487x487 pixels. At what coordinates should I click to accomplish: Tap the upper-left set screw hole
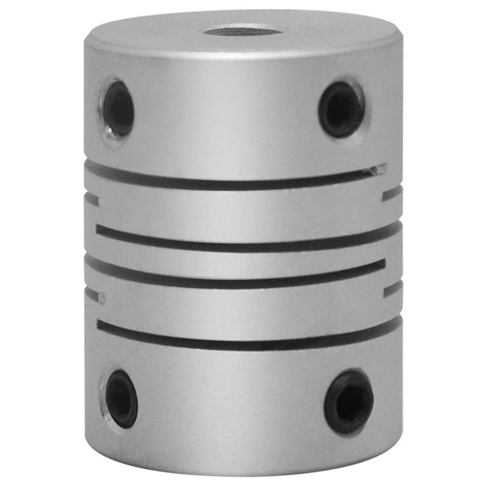pos(117,109)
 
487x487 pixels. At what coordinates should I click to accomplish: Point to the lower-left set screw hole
pos(121,398)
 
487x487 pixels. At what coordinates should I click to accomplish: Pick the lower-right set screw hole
pos(349,401)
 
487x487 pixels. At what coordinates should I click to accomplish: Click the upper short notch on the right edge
pos(393,194)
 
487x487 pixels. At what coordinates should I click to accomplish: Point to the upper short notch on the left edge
pos(92,198)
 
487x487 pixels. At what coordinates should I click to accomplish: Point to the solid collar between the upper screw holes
pos(231,110)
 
